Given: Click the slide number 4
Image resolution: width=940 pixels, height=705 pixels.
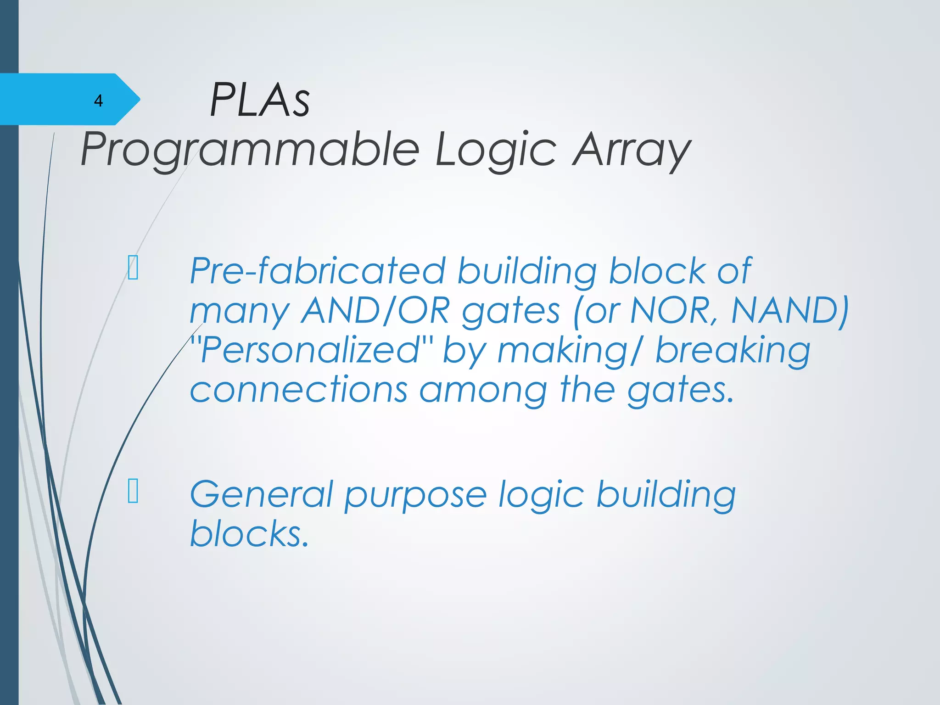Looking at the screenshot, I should (x=98, y=101).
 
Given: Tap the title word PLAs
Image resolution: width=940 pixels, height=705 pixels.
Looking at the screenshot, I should (x=260, y=100).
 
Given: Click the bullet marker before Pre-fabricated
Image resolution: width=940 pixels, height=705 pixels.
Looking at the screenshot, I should (x=133, y=268).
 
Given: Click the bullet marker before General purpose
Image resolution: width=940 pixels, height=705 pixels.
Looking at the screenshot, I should (x=133, y=491).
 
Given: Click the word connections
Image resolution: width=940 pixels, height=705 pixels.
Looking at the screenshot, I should (x=299, y=390).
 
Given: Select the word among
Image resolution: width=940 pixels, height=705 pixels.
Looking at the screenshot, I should (x=483, y=391).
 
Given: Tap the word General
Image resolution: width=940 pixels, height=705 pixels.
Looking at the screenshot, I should (x=261, y=494).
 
